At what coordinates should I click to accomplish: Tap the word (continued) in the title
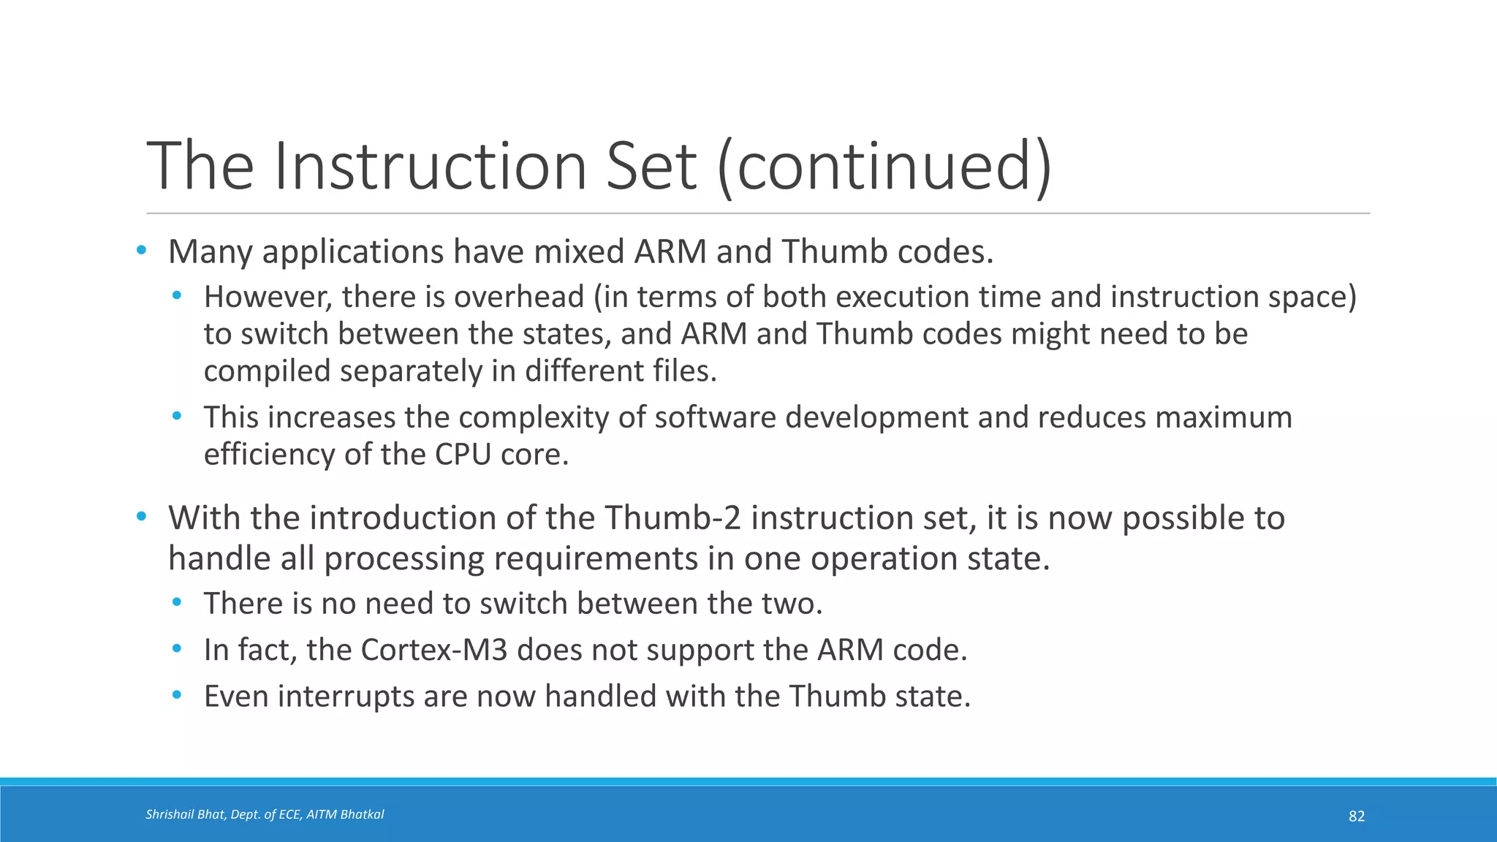coord(884,167)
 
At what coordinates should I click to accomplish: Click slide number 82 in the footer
coord(1356,816)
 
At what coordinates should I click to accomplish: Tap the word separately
coord(411,371)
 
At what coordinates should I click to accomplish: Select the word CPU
coord(463,455)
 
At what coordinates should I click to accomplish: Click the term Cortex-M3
coord(434,650)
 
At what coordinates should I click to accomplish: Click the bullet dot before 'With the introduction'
coord(141,517)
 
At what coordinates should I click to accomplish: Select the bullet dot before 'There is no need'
coord(176,603)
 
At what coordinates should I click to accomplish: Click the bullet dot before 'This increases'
coord(176,417)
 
